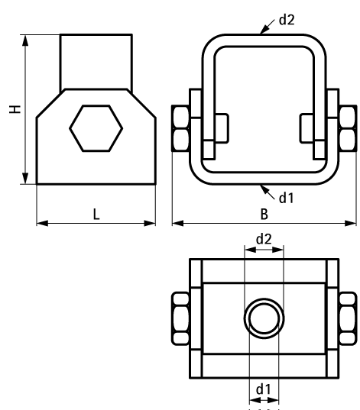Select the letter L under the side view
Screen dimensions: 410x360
click(x=96, y=215)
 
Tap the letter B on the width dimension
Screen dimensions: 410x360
click(x=264, y=215)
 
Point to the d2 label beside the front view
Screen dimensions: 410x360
click(x=287, y=20)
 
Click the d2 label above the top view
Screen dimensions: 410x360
click(x=264, y=238)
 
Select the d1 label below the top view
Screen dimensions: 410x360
click(x=264, y=389)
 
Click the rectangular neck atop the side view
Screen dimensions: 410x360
click(x=96, y=61)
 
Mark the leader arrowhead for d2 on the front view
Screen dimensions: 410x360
click(x=261, y=34)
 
